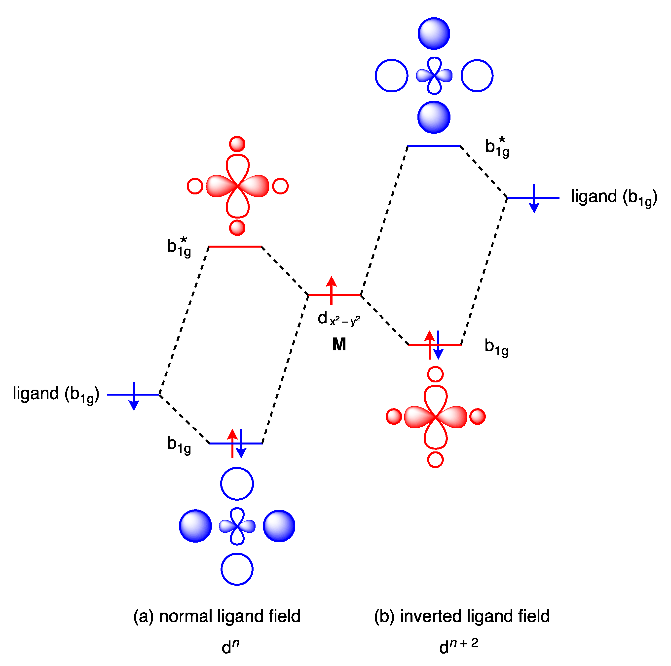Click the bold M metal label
pyautogui.click(x=339, y=344)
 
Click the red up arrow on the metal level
pyautogui.click(x=331, y=290)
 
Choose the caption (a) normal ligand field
pyautogui.click(x=217, y=616)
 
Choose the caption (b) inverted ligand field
pyautogui.click(x=462, y=616)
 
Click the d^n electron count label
pyautogui.click(x=230, y=647)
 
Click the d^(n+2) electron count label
pyautogui.click(x=458, y=646)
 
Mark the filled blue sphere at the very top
pyautogui.click(x=434, y=34)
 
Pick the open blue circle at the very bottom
pyautogui.click(x=237, y=569)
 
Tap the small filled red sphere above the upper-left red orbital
pyautogui.click(x=237, y=144)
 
